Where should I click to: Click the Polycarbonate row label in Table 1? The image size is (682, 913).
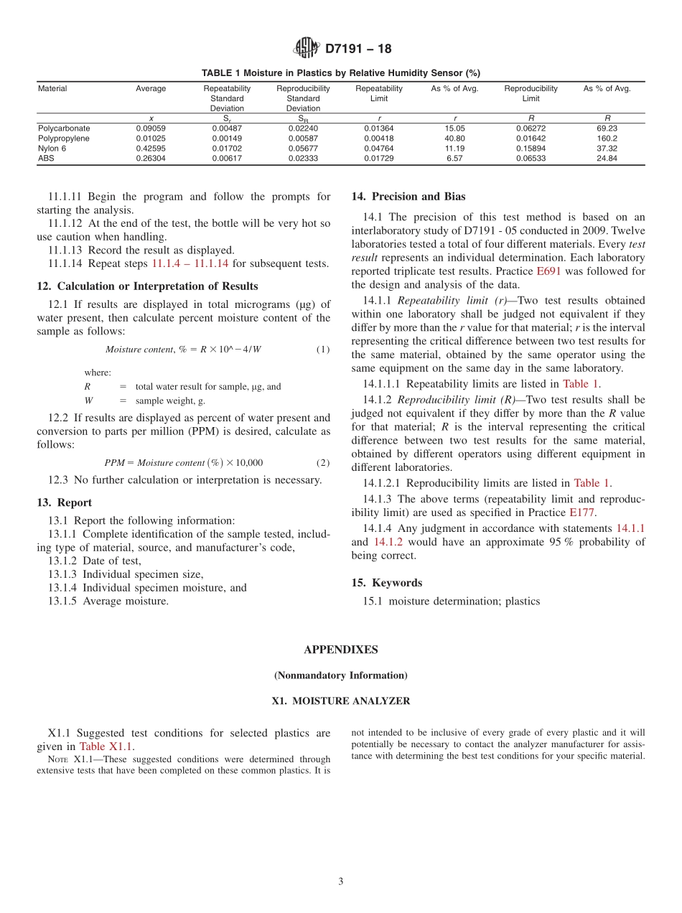pyautogui.click(x=64, y=128)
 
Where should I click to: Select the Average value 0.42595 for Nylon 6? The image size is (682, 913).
pyautogui.click(x=151, y=149)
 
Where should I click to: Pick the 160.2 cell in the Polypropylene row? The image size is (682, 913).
pyautogui.click(x=607, y=139)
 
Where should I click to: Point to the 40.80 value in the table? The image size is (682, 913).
pyautogui.click(x=454, y=139)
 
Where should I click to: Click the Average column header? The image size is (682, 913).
pyautogui.click(x=151, y=89)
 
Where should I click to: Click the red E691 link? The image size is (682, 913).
pyautogui.click(x=548, y=271)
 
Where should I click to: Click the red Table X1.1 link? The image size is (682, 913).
pyautogui.click(x=106, y=746)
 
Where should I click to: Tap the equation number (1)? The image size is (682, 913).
pyautogui.click(x=323, y=350)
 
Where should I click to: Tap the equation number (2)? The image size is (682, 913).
pyautogui.click(x=323, y=463)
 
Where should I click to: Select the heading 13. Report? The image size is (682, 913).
pyautogui.click(x=65, y=502)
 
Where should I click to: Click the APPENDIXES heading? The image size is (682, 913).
pyautogui.click(x=340, y=650)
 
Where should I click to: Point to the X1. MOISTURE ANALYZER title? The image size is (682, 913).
pyautogui.click(x=340, y=701)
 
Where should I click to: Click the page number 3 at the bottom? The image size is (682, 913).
pyautogui.click(x=341, y=881)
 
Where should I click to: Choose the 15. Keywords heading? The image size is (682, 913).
pyautogui.click(x=387, y=583)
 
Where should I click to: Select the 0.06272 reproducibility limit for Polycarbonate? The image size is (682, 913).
pyautogui.click(x=531, y=128)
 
